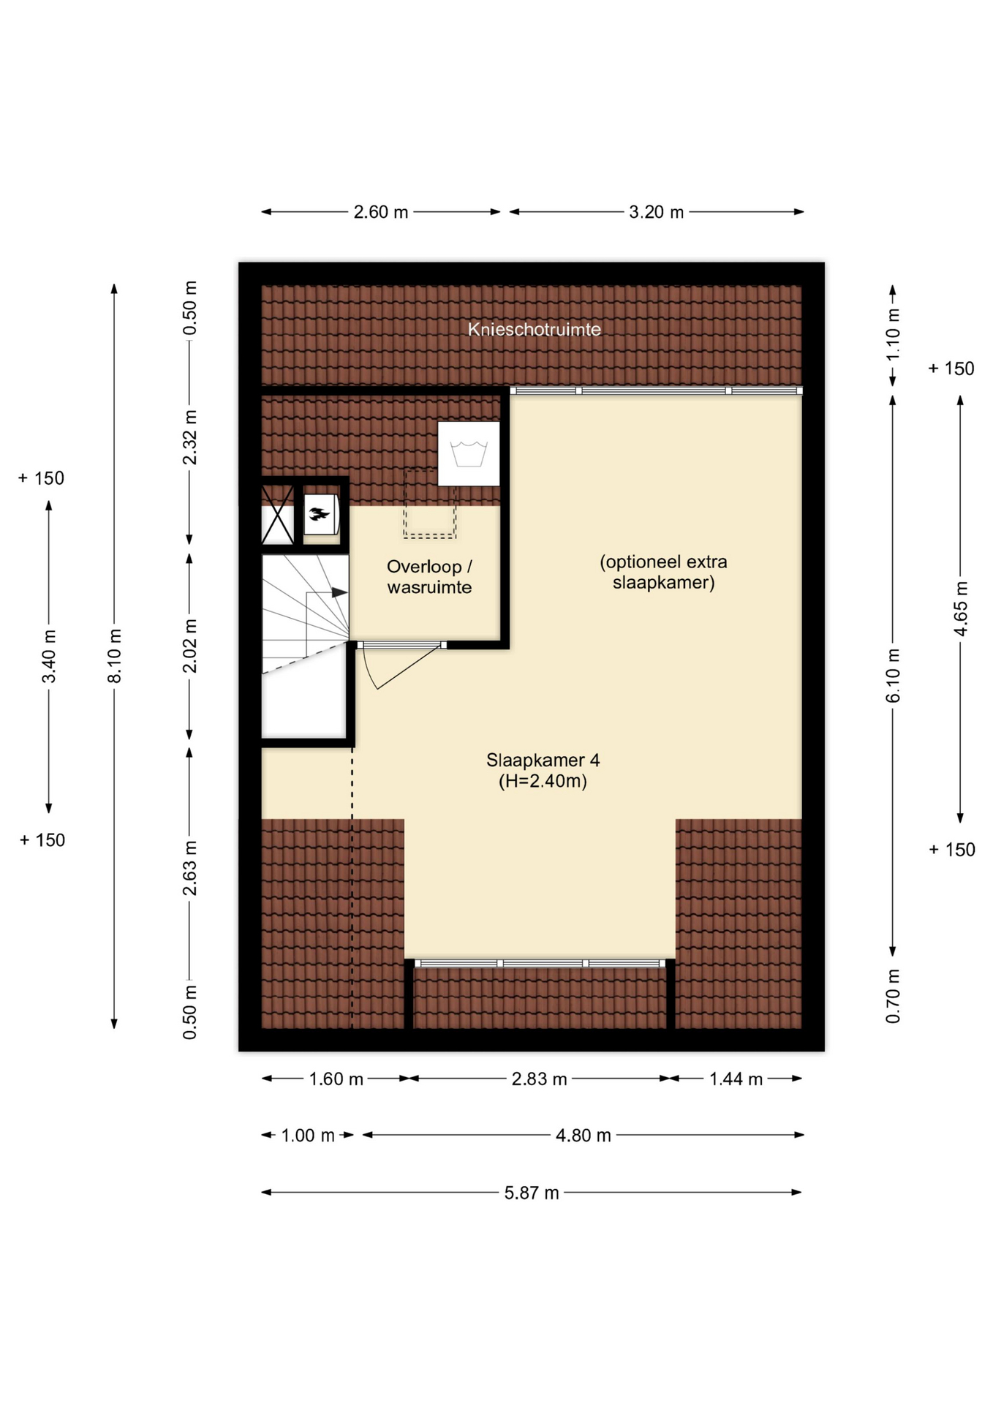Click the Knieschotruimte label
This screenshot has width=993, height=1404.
coord(535,330)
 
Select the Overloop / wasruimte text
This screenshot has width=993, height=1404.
coord(429,577)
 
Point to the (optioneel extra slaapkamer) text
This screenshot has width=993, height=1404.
coord(663,572)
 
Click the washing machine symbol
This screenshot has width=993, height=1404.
coord(469,453)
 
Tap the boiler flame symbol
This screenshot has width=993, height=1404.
coord(319,513)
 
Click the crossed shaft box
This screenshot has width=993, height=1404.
coord(278,514)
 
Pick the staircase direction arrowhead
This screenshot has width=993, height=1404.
coord(339,592)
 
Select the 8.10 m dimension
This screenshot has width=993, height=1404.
coord(115,656)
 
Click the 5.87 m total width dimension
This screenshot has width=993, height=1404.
coord(532,1193)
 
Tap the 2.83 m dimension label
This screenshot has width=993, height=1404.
coord(539,1079)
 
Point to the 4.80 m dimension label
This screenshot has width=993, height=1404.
coord(583,1135)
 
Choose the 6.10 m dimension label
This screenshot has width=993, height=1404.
coord(894,676)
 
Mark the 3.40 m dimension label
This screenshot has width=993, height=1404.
coord(49,656)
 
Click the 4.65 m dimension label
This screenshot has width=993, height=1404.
coord(961,608)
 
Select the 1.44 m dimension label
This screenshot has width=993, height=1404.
coord(736,1079)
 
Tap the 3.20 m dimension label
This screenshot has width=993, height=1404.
coord(656,212)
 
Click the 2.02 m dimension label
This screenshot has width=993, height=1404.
coord(189,646)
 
